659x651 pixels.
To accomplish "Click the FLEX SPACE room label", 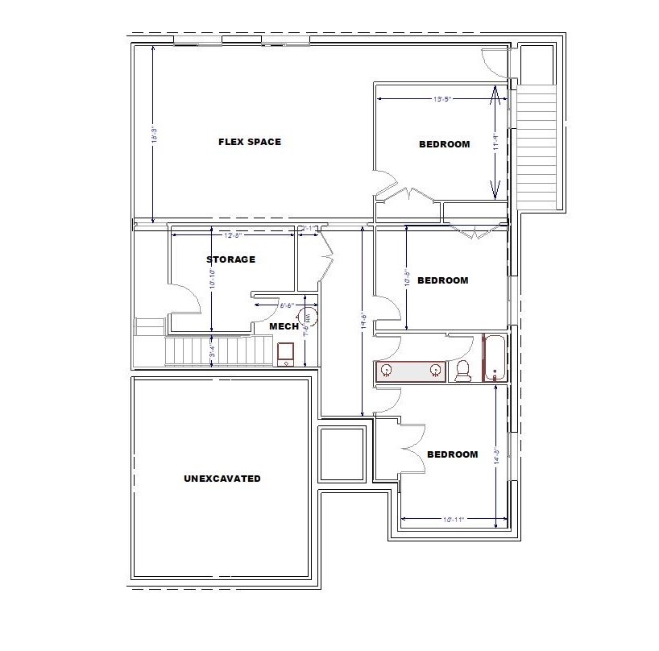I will coord(250,142).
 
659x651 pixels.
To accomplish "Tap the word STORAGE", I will coord(230,259).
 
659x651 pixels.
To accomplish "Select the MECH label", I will coord(284,326).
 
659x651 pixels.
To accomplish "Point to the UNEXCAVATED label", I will coord(222,479).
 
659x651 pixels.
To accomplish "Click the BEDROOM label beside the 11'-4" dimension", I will coord(444,145).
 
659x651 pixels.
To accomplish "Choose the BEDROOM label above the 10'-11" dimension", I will coord(452,454).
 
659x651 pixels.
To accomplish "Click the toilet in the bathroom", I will coord(462,371).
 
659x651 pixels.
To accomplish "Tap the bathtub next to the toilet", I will coord(493,359).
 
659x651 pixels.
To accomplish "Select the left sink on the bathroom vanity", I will coord(387,371).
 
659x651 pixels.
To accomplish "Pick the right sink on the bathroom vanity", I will coord(435,371).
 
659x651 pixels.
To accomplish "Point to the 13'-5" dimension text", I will coord(442,99).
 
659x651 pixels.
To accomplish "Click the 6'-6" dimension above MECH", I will coord(287,305).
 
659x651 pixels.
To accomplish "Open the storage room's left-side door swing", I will coord(187,302).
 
